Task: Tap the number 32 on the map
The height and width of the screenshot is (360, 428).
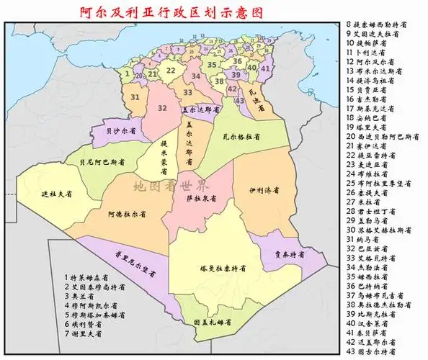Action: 162,108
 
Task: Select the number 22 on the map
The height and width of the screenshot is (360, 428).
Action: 171,71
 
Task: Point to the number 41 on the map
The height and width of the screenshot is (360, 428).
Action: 265,68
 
